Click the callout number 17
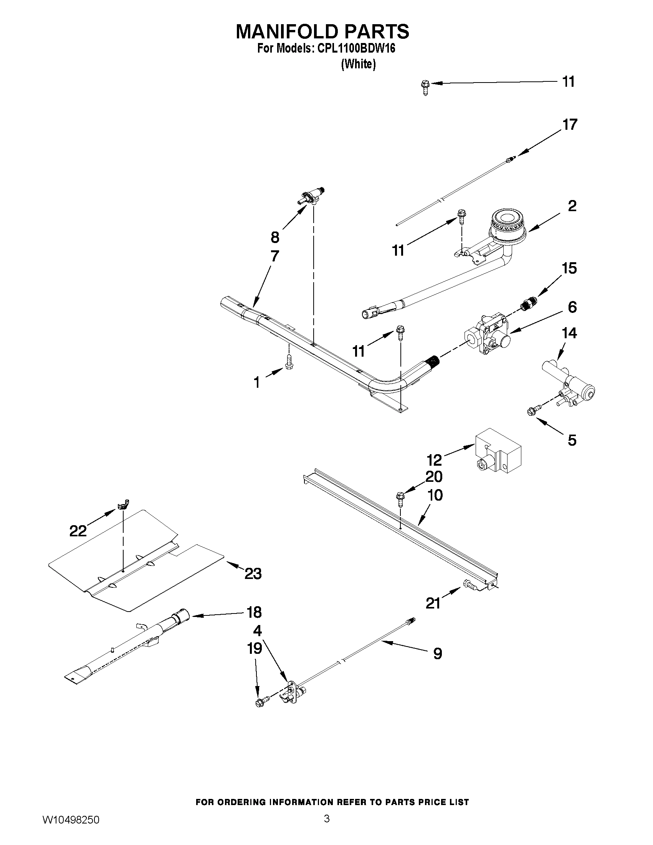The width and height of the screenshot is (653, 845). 569,125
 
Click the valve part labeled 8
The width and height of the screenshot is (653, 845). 311,197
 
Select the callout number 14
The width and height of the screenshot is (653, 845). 569,333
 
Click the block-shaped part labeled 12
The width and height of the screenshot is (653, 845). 498,451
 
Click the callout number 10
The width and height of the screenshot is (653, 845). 435,495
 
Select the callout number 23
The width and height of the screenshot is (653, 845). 253,574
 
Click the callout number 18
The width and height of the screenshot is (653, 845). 254,612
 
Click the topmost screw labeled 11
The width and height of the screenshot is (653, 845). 425,87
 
